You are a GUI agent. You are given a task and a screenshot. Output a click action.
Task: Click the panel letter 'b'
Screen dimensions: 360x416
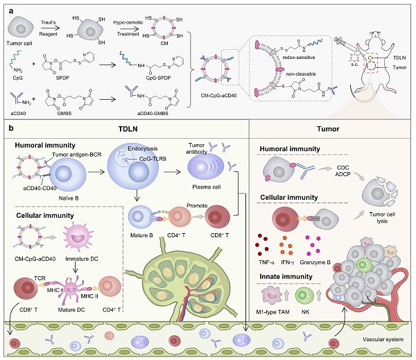coord(8,129)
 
